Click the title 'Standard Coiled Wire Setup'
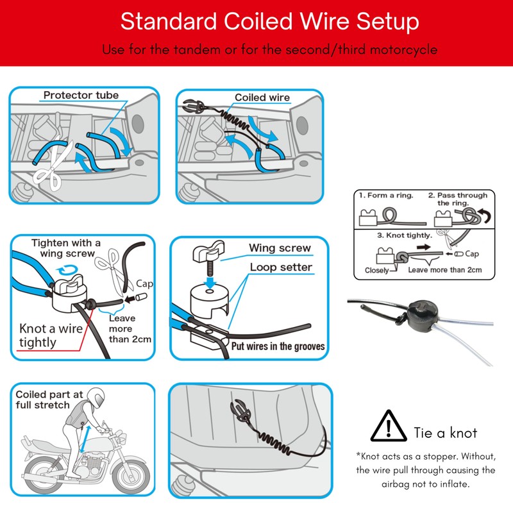pyautogui.click(x=269, y=22)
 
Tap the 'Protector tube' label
pyautogui.click(x=81, y=96)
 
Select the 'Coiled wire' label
pyautogui.click(x=262, y=97)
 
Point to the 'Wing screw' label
pyautogui.click(x=280, y=248)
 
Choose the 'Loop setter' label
pyautogui.click(x=281, y=267)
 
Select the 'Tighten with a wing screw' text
pyautogui.click(x=66, y=248)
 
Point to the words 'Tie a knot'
pyautogui.click(x=446, y=433)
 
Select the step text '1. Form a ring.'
pyautogui.click(x=386, y=195)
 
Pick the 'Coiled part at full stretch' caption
pyautogui.click(x=44, y=399)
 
